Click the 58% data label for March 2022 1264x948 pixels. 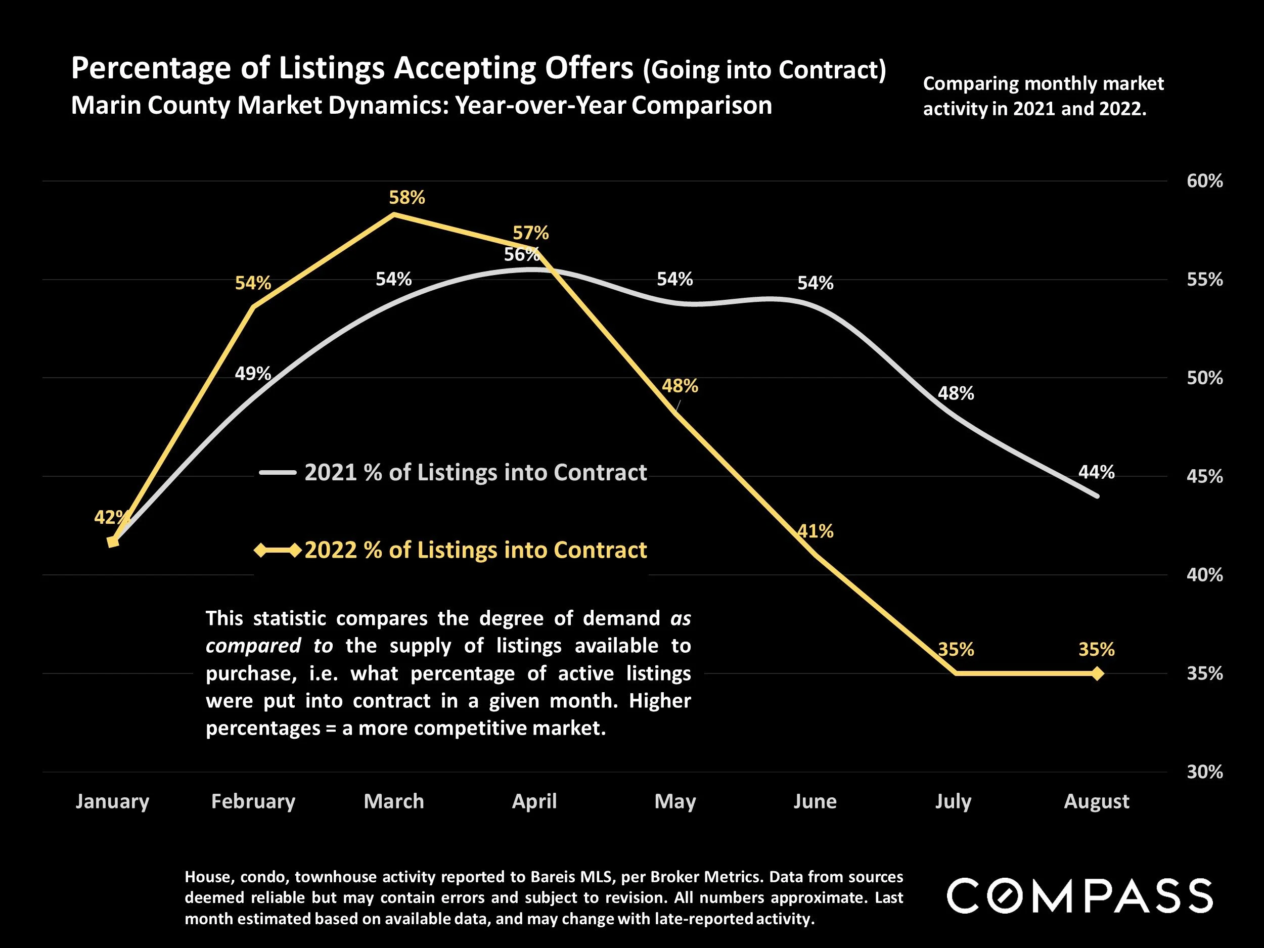point(407,198)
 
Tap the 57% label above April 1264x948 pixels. point(530,233)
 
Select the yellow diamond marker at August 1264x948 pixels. point(1097,674)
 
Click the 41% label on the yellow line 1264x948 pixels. point(816,531)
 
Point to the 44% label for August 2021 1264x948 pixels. point(1096,472)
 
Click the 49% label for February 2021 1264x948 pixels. point(253,374)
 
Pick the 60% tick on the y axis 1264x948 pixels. point(1204,181)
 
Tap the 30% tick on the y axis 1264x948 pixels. point(1204,772)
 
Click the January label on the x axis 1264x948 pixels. point(113,801)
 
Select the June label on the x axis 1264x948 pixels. point(815,801)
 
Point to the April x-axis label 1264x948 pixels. point(534,801)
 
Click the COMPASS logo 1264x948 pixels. point(1079,896)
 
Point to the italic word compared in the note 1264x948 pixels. point(253,646)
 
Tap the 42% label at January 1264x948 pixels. point(111,518)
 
